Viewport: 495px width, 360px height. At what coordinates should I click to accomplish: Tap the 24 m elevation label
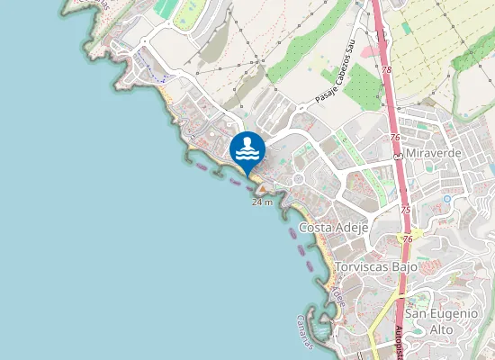(262, 202)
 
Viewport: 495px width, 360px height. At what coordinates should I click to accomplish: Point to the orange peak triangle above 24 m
(262, 192)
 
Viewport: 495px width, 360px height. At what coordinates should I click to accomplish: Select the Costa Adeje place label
(334, 229)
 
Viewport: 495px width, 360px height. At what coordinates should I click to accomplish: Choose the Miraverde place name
(434, 154)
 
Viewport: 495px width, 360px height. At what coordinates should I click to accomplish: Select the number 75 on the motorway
(405, 209)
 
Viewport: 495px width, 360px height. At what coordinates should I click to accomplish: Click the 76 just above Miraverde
(395, 136)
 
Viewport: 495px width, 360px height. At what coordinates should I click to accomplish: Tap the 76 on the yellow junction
(408, 239)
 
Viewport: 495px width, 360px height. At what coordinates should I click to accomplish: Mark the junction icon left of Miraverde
(397, 155)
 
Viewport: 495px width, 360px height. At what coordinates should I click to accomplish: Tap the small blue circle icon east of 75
(446, 200)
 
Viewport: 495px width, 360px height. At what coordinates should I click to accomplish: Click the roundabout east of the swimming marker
(298, 179)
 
